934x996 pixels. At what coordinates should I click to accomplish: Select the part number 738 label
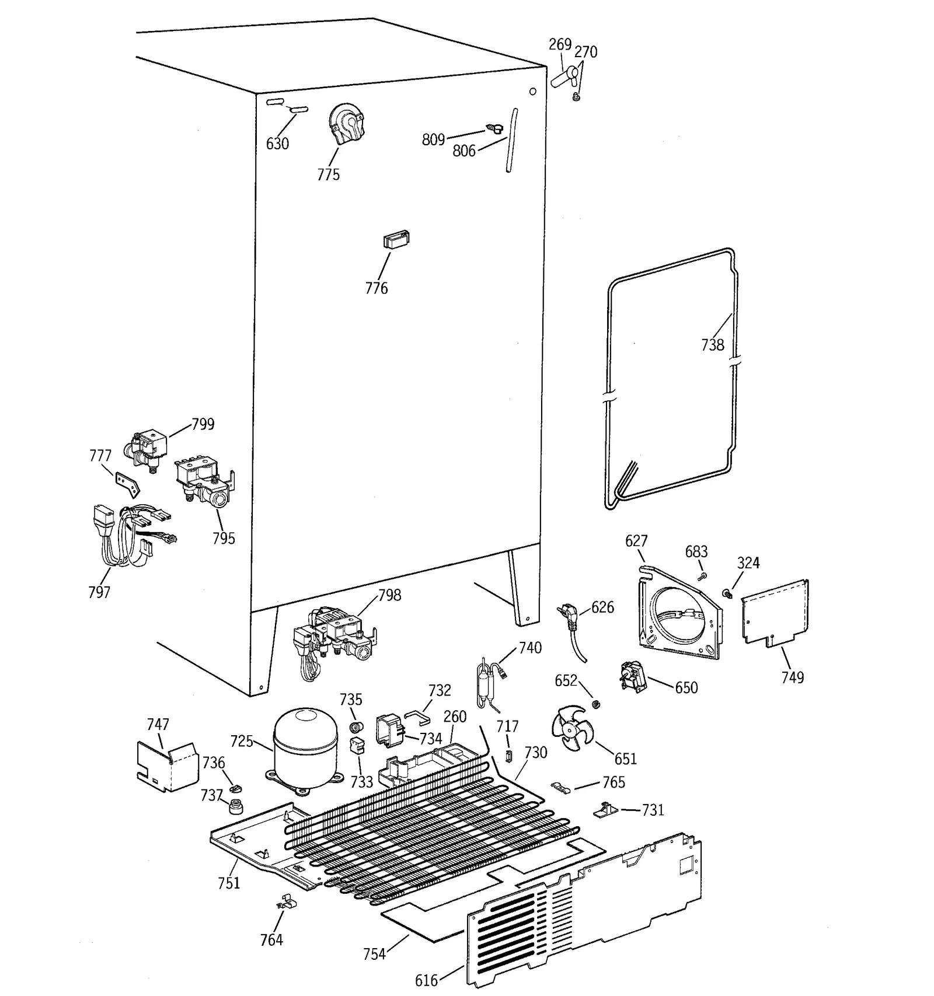click(x=712, y=345)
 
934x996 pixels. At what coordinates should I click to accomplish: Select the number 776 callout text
click(x=376, y=288)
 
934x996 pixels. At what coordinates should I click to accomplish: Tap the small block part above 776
click(x=396, y=240)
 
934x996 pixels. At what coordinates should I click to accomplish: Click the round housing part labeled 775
click(x=347, y=123)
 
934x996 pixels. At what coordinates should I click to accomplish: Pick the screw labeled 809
click(x=494, y=128)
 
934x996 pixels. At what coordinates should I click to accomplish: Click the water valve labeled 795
click(x=204, y=481)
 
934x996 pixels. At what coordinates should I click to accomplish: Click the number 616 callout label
click(x=426, y=980)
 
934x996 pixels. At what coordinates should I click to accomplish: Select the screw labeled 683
click(x=703, y=576)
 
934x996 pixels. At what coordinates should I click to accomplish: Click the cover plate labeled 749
click(x=775, y=613)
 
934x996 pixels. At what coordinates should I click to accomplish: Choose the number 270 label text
click(x=586, y=52)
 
